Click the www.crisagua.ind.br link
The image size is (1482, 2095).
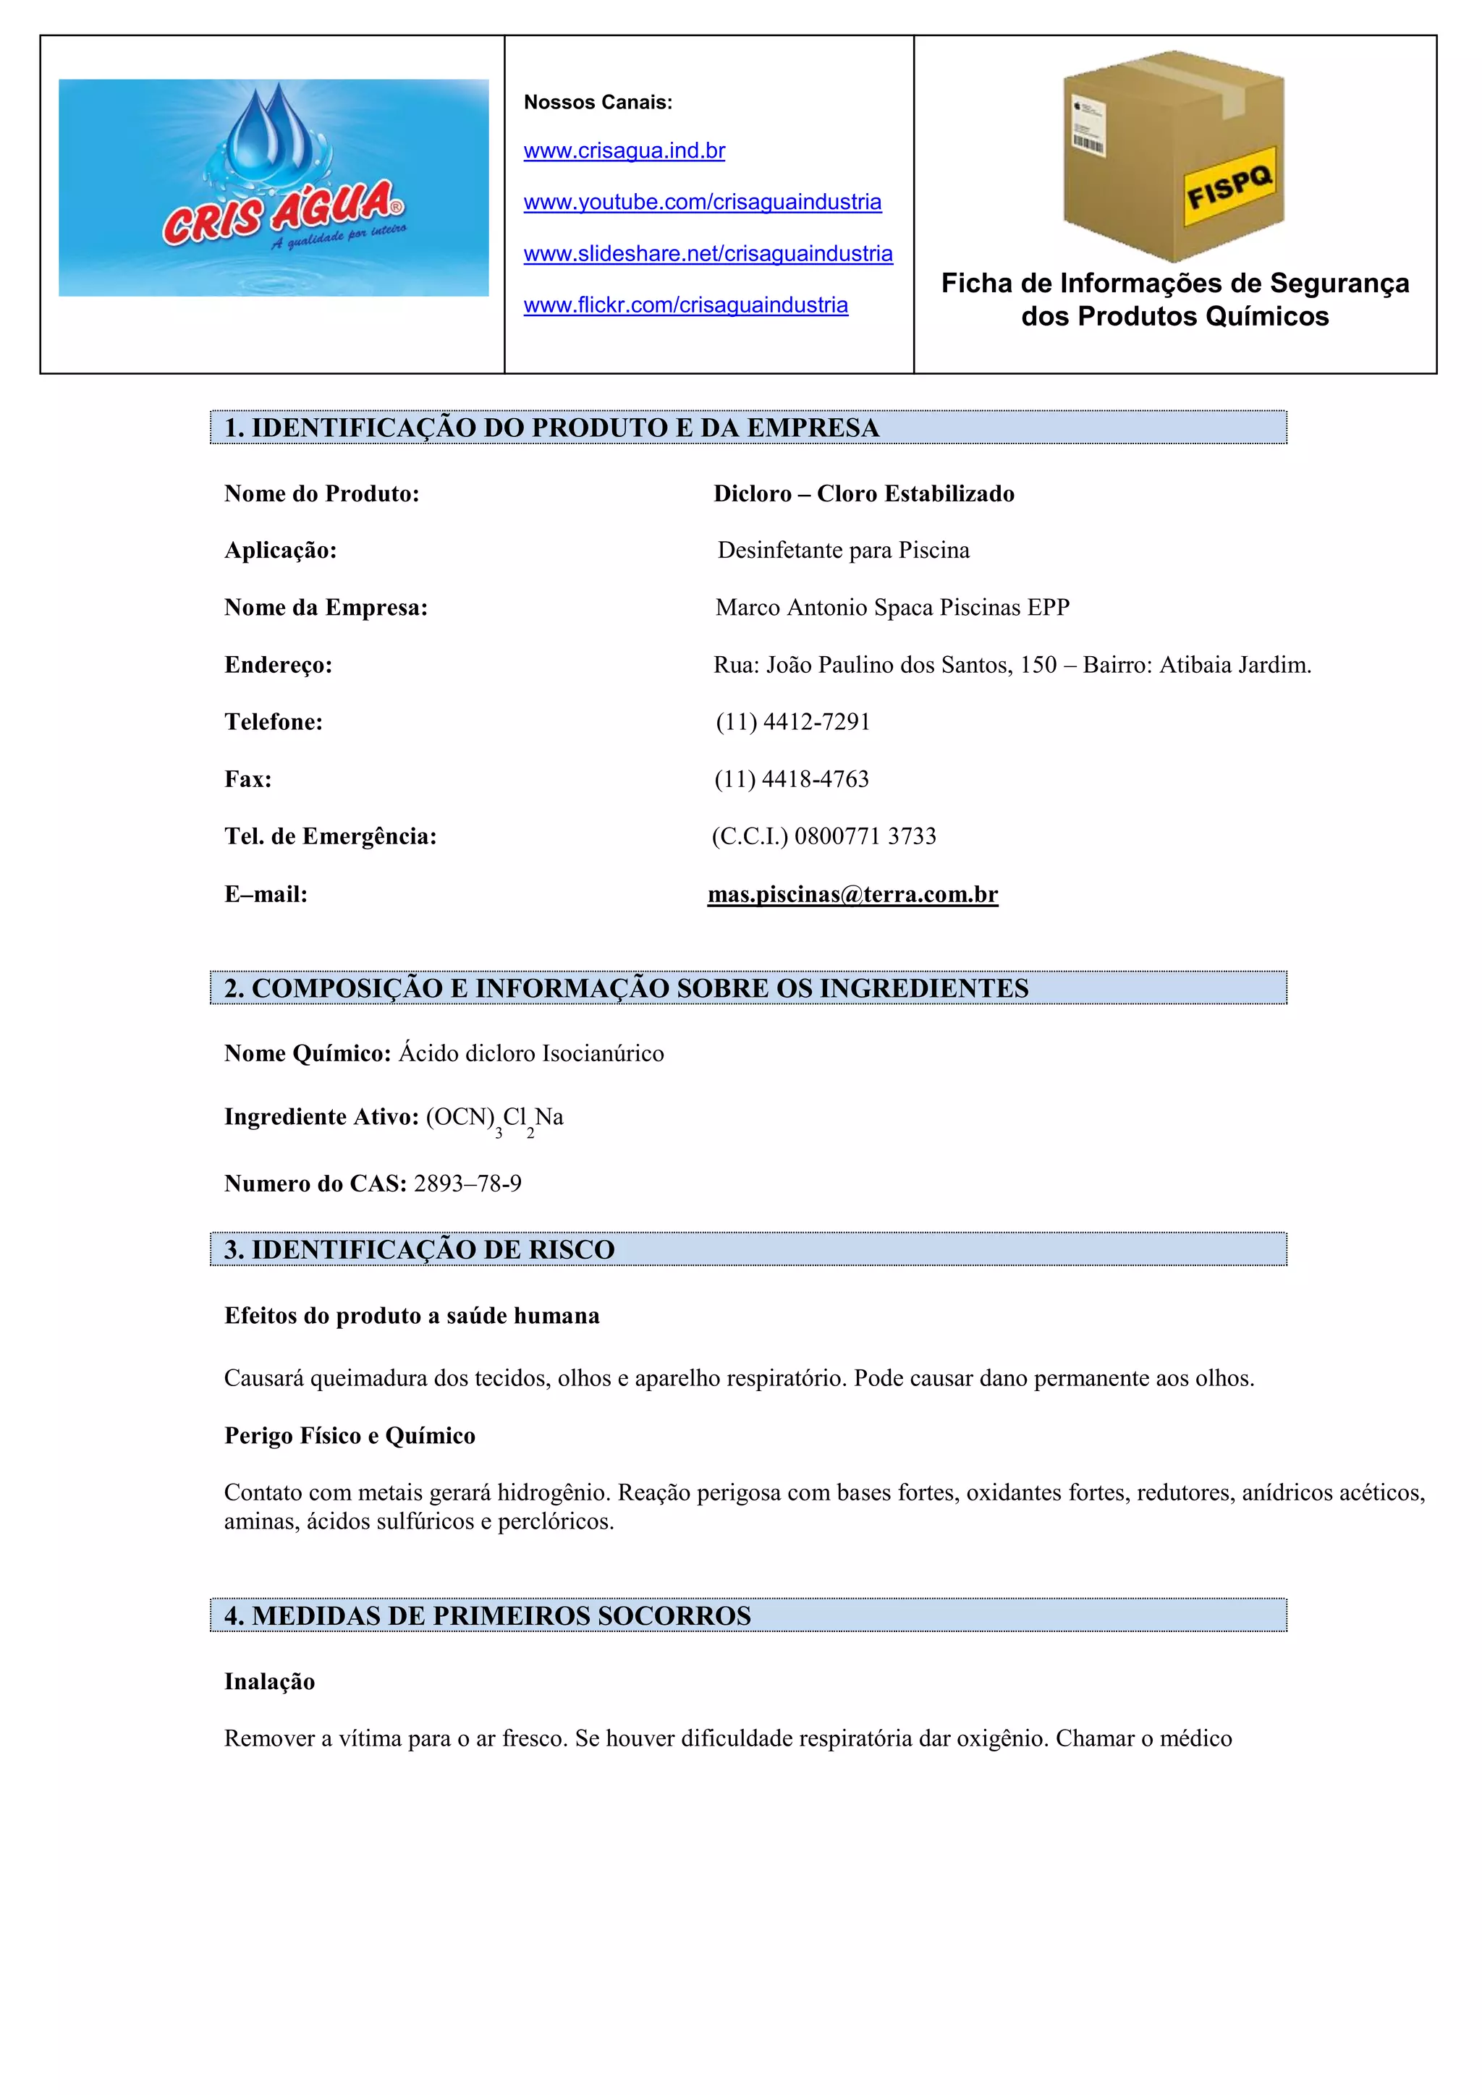click(x=624, y=150)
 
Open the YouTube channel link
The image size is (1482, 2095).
click(x=703, y=202)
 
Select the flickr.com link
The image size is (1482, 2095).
click(x=686, y=305)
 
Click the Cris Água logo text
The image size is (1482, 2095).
click(x=279, y=212)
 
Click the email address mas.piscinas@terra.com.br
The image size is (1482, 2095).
click(x=853, y=894)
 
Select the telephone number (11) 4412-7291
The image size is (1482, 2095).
click(x=793, y=722)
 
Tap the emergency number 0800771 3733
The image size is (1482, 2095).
click(x=865, y=837)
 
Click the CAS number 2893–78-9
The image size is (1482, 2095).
click(x=467, y=1184)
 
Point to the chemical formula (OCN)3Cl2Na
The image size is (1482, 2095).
click(x=495, y=1118)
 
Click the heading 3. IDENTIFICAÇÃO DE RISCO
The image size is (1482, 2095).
click(x=420, y=1249)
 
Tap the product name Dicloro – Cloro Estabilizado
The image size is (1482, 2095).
click(x=864, y=493)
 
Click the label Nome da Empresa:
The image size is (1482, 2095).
click(x=326, y=608)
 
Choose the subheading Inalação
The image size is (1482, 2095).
click(x=269, y=1682)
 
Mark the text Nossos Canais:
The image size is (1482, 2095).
click(x=598, y=102)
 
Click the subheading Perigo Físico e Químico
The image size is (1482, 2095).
click(x=350, y=1435)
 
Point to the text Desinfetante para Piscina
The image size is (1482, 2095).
click(x=843, y=551)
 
